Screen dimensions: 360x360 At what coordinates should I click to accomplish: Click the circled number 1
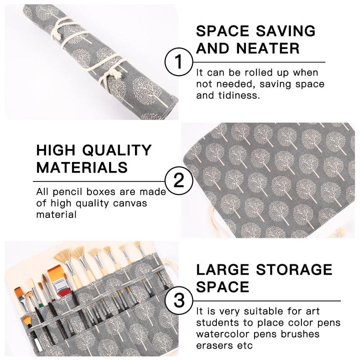click(177, 62)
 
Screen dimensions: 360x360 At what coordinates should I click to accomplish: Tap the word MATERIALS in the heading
click(82, 167)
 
